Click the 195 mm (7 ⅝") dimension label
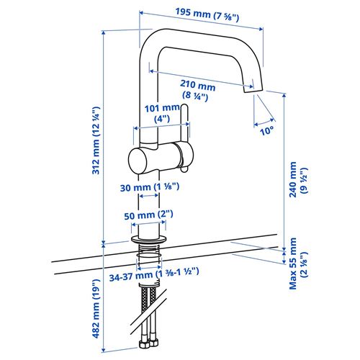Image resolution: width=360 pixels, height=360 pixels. (x=207, y=15)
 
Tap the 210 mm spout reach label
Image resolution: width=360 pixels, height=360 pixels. (x=197, y=91)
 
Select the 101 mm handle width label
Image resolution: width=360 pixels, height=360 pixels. (x=162, y=113)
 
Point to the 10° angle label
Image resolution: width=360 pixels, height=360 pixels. (x=266, y=131)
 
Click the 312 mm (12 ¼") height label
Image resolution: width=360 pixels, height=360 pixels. (x=96, y=140)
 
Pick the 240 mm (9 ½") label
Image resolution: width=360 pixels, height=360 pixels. (x=298, y=179)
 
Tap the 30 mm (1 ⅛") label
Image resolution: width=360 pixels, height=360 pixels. (x=150, y=187)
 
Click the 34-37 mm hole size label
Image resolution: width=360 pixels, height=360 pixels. (x=154, y=275)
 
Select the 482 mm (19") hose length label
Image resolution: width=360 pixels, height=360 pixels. (x=96, y=308)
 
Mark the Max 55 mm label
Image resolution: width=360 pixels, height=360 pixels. (x=298, y=264)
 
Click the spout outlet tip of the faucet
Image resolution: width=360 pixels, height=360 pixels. (x=253, y=90)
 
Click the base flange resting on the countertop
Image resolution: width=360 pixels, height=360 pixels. (x=149, y=239)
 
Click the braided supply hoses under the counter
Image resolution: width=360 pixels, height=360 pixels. (x=149, y=312)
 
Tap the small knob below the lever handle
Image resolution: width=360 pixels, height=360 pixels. (x=184, y=169)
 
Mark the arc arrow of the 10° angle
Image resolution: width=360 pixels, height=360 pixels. (x=264, y=122)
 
